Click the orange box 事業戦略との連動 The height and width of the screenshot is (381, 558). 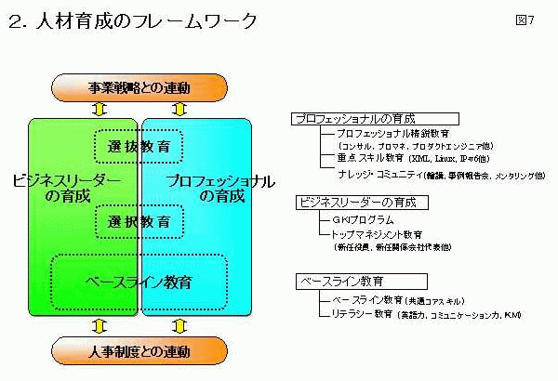coord(139,88)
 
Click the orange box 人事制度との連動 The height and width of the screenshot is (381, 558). coord(139,351)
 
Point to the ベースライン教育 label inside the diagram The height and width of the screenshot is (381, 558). coord(139,280)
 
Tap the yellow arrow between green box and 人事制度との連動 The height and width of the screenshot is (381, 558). coord(101,326)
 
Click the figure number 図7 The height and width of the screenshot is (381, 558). coord(525,20)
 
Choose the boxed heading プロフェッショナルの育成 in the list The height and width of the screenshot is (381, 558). coord(354,119)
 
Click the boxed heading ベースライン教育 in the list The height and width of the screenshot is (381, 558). coord(341,280)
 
